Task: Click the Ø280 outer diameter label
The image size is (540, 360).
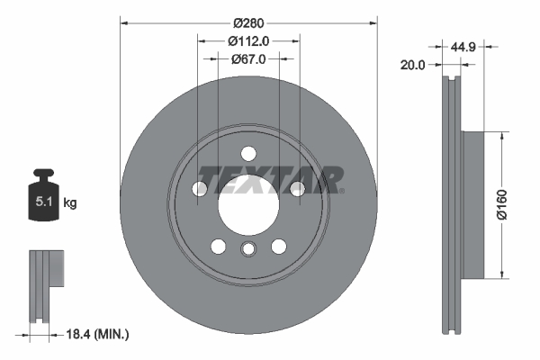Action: click(x=247, y=22)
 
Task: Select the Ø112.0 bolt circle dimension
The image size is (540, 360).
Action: click(x=247, y=40)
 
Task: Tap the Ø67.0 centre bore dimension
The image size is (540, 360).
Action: click(x=247, y=59)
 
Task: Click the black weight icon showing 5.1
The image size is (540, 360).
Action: click(x=43, y=199)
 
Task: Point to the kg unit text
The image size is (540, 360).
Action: click(x=70, y=203)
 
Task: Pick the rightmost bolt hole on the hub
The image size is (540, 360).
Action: click(x=296, y=188)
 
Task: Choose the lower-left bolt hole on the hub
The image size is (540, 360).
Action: click(x=218, y=247)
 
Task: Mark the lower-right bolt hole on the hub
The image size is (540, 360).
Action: click(x=278, y=247)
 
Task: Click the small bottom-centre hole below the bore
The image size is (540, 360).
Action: click(x=247, y=251)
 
